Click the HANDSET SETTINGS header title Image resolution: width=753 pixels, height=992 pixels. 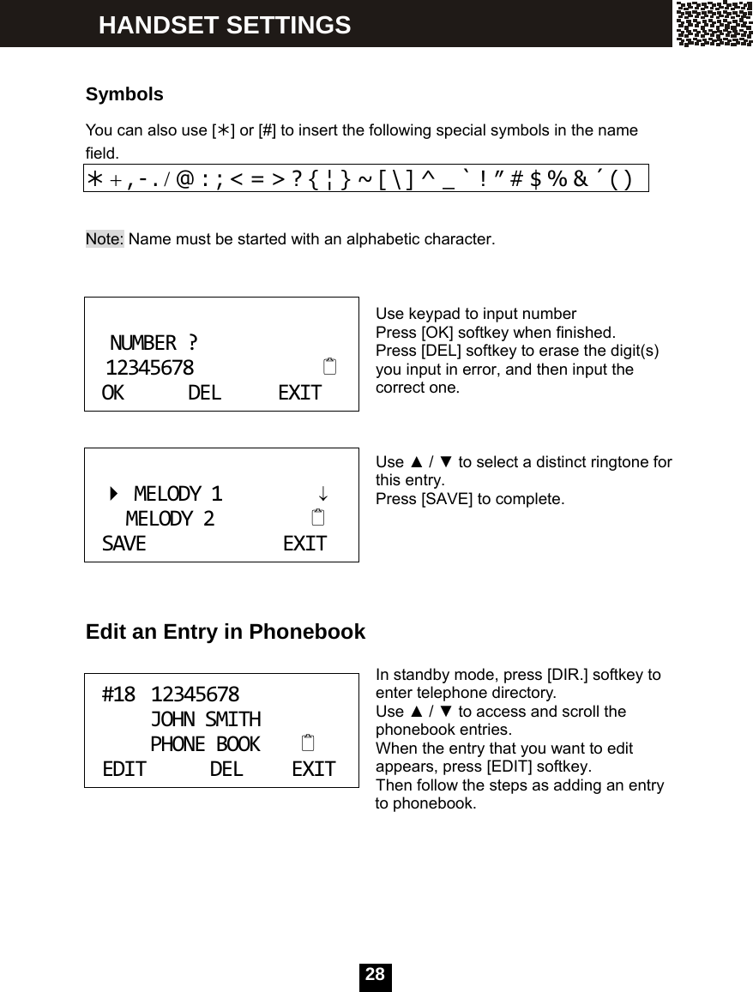[225, 25]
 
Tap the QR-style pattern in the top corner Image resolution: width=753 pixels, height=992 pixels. [714, 24]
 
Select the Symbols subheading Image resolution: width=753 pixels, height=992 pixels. [124, 94]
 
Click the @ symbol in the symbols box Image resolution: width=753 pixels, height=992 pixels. [185, 178]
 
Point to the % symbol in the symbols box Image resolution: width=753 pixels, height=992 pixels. [557, 178]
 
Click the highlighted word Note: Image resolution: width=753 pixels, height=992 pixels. [105, 238]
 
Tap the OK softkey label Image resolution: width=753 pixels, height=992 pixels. [113, 394]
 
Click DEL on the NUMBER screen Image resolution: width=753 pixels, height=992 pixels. [204, 394]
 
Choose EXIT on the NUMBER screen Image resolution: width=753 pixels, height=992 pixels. [300, 394]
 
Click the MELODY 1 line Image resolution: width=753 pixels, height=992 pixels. [178, 495]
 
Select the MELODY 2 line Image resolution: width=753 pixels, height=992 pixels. [170, 520]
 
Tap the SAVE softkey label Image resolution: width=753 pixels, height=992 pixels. [124, 544]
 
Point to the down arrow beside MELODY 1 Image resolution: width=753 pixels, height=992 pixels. [322, 495]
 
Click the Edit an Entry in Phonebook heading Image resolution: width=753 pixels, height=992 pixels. [226, 633]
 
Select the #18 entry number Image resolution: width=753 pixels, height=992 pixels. [118, 694]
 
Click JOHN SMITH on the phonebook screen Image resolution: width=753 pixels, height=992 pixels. [206, 719]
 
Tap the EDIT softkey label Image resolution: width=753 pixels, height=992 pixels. [124, 769]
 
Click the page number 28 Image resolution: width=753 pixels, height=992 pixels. [375, 975]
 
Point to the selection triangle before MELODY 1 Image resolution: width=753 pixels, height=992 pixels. [114, 495]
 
